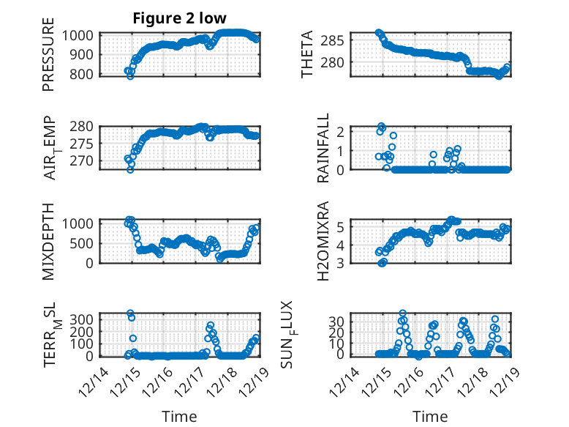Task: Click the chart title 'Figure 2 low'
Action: tap(179, 18)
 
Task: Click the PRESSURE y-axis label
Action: tap(48, 59)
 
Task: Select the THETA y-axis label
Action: tap(307, 55)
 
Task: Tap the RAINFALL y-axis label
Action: tap(323, 149)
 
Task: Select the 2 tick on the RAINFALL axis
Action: tap(341, 132)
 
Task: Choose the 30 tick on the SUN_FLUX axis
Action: tap(337, 321)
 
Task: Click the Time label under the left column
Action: tap(179, 416)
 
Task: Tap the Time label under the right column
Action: tap(431, 416)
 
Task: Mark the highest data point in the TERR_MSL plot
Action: tap(130, 313)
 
